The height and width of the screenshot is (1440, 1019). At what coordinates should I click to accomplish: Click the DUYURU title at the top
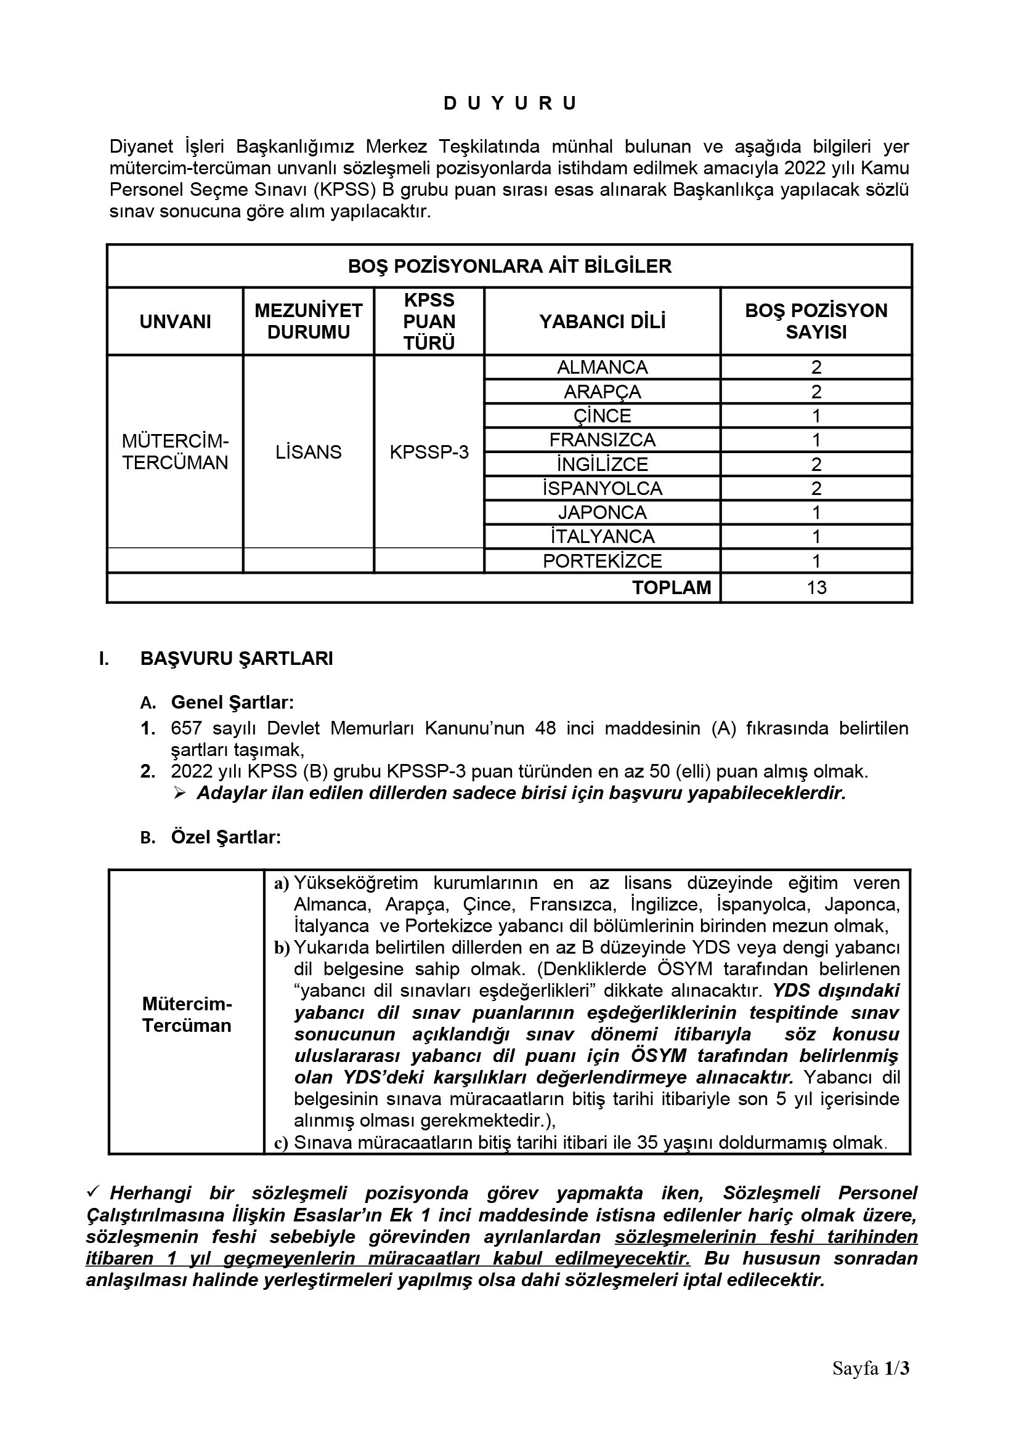509,103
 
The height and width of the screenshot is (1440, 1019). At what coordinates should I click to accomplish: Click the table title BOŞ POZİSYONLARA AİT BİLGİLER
509,267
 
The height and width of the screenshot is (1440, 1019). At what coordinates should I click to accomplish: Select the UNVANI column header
175,322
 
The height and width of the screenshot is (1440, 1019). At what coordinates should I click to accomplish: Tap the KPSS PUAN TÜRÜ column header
429,322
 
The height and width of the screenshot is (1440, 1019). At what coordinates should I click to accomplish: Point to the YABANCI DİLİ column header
603,322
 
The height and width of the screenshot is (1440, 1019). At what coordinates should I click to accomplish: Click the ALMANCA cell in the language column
603,367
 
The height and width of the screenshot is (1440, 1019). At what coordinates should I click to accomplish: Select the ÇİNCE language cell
603,416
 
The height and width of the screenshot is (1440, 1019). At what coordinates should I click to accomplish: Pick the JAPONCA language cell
603,512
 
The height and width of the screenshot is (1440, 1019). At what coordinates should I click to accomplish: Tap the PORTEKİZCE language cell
603,561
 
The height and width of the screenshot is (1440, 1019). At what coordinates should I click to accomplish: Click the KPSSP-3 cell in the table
429,453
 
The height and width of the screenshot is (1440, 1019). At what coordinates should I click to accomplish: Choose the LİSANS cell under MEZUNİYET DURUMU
308,453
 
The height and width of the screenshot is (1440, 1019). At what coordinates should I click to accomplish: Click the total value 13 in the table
816,589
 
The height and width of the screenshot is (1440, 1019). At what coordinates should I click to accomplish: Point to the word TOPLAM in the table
672,589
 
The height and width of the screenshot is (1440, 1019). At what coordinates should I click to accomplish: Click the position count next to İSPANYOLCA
816,489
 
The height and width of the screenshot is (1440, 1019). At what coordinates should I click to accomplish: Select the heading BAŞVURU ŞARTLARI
237,659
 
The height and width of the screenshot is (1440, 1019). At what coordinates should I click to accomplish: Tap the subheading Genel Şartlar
232,702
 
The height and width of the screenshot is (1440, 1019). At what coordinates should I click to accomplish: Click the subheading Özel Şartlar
226,837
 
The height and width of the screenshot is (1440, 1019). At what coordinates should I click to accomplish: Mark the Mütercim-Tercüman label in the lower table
187,1015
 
